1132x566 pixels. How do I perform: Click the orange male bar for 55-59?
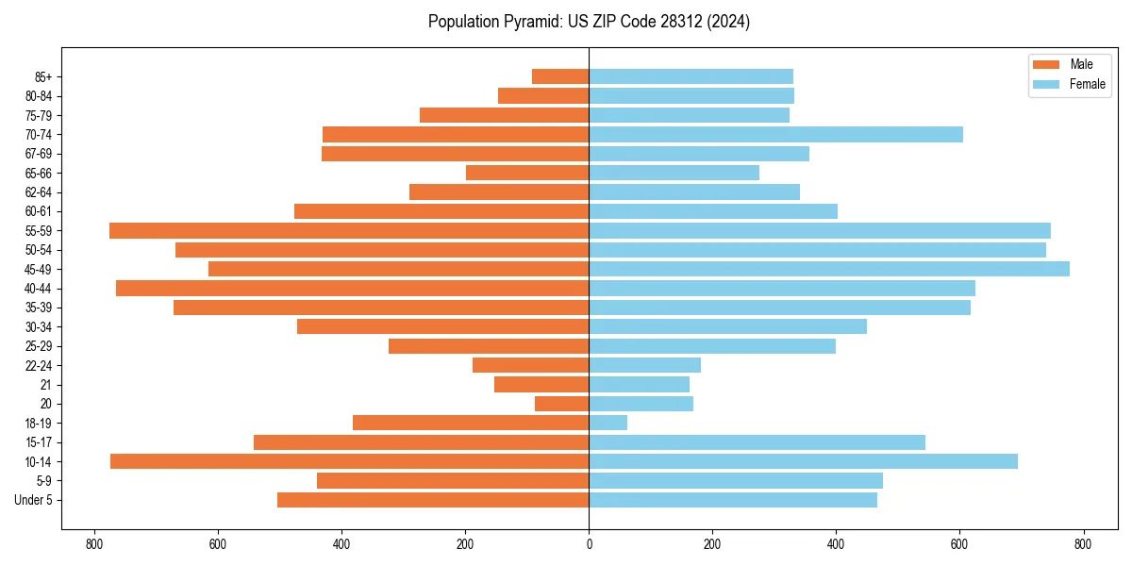point(349,230)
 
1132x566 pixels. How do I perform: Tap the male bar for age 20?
point(561,404)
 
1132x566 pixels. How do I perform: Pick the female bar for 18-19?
point(608,423)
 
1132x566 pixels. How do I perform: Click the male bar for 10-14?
point(349,461)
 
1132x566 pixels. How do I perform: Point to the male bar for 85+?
point(560,76)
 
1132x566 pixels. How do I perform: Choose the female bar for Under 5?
point(733,500)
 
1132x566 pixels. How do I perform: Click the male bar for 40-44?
point(352,288)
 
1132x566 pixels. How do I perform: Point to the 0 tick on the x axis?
point(589,544)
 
